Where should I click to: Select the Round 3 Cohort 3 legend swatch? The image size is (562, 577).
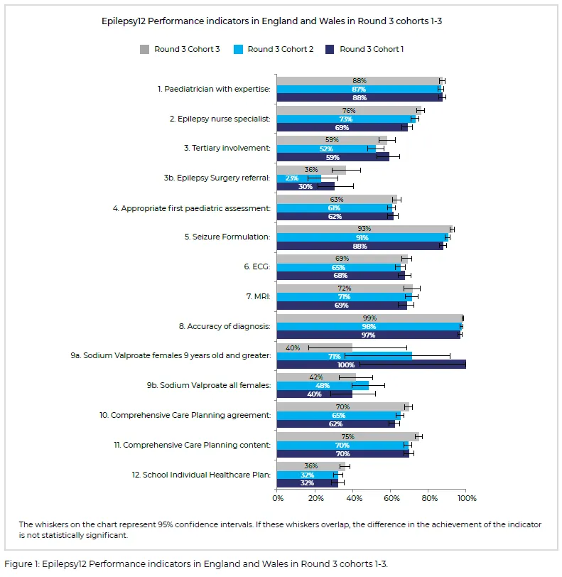(x=144, y=49)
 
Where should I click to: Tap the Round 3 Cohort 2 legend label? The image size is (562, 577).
(x=280, y=49)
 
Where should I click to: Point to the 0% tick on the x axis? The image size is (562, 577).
(x=277, y=499)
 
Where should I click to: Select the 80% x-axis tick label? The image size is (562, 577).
(x=428, y=499)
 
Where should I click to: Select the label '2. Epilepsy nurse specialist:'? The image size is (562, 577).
(x=220, y=119)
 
